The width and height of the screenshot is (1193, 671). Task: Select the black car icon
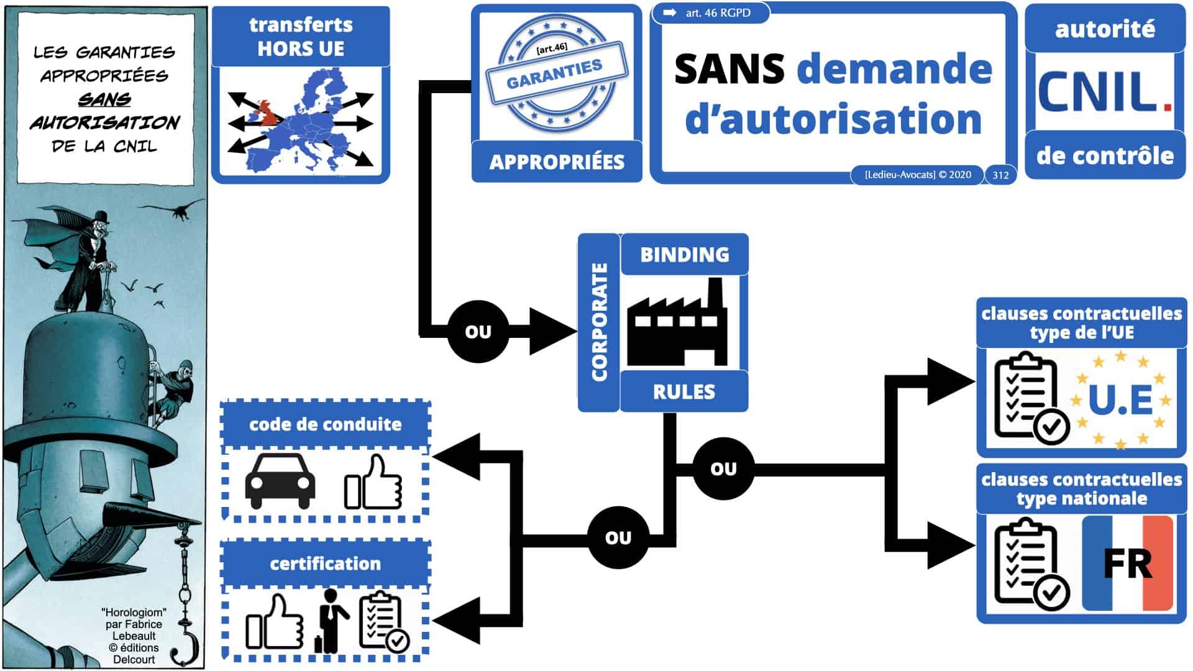280,482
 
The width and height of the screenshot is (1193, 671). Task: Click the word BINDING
684,254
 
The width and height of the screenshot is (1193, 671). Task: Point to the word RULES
683,391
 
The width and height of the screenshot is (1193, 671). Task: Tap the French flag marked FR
1127,564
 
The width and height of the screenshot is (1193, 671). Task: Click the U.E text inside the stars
1120,399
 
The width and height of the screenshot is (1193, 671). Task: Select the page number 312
1000,175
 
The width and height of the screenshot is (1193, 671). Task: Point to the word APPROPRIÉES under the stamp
557,162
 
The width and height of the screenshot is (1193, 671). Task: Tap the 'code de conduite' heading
325,424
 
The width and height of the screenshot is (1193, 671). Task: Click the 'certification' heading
325,564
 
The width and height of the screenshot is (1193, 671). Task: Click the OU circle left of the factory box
478,332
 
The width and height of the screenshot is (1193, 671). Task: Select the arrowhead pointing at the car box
457,457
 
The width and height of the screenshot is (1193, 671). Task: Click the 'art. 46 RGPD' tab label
717,13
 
